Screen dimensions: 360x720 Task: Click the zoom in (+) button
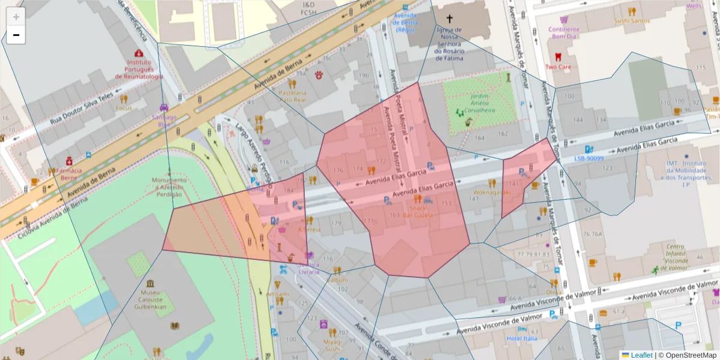(16, 17)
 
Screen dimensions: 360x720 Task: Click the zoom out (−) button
(16, 35)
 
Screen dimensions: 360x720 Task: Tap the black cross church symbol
(449, 19)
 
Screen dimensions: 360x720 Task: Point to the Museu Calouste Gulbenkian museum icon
(149, 283)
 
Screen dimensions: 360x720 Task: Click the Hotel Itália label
(521, 338)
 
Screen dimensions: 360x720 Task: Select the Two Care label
(557, 67)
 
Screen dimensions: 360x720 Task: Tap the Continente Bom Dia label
(563, 32)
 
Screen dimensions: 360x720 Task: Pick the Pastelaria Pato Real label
(293, 97)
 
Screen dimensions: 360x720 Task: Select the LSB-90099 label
(588, 158)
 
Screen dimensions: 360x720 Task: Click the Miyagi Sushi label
(332, 344)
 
